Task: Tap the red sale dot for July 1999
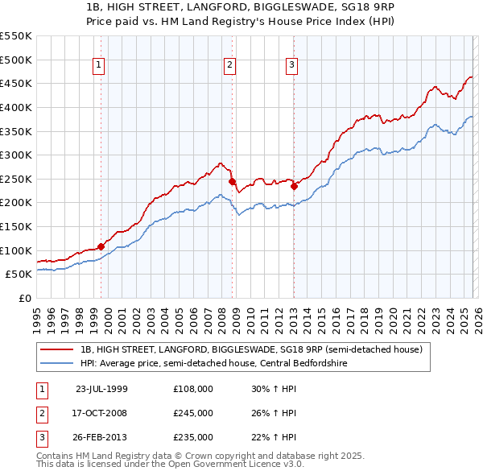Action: point(101,246)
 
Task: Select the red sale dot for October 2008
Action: point(233,182)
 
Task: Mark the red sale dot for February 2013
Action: point(294,187)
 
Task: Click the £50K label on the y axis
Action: point(19,274)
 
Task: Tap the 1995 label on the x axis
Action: point(36,315)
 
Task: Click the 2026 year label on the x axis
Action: point(475,315)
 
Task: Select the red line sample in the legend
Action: point(57,349)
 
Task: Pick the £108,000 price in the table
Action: point(193,388)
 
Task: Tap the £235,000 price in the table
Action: point(193,437)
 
